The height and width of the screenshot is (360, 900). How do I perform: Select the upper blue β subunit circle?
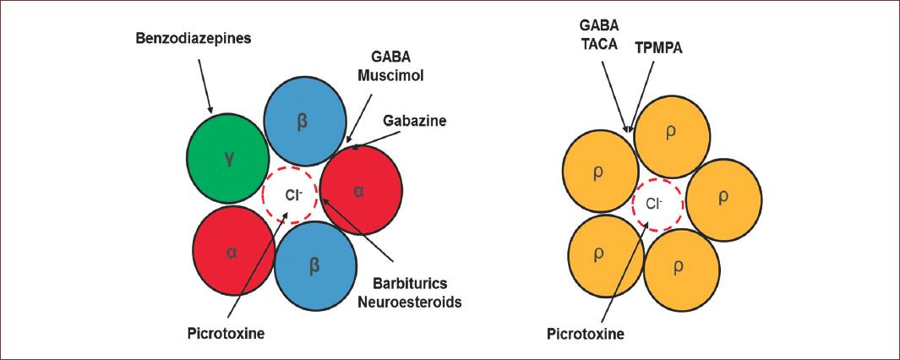305,121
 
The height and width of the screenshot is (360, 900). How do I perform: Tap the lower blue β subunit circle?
314,263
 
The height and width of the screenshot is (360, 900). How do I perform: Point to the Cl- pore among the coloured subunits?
290,194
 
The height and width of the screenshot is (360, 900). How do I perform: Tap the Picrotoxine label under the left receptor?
226,333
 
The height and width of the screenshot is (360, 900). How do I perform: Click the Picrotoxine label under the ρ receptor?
585,333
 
